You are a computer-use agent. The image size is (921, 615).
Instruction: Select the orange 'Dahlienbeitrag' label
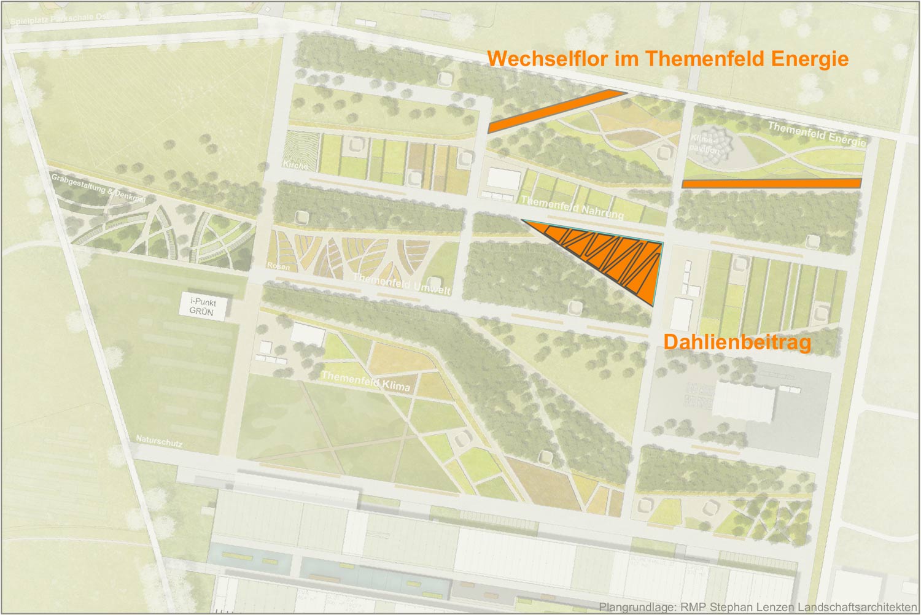pos(737,342)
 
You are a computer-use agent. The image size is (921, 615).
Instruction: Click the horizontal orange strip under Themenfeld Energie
pos(771,183)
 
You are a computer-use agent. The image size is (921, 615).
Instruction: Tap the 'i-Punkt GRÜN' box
pos(203,306)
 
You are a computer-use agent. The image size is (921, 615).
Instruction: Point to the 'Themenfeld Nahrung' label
pos(572,207)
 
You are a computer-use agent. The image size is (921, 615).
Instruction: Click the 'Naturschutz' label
pos(159,441)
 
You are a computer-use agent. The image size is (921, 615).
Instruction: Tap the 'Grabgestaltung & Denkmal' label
pos(98,188)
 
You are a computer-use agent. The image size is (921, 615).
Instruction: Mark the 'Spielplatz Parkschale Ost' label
pos(59,19)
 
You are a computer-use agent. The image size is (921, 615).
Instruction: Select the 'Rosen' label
pos(278,266)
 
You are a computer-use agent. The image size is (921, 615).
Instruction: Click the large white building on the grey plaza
pos(743,402)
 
